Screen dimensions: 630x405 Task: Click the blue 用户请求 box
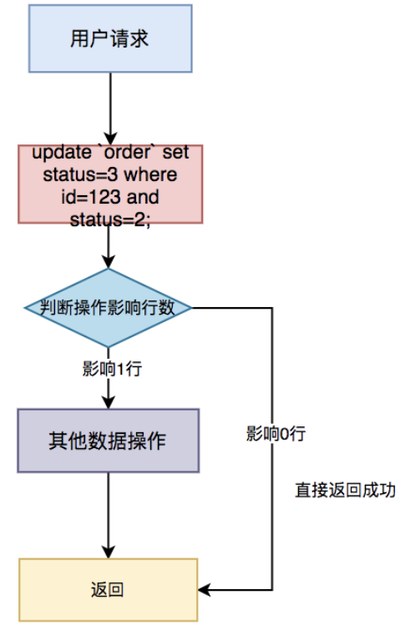point(109,39)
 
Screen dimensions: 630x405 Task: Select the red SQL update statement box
point(109,184)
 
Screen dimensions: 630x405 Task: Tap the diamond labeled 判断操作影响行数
point(109,307)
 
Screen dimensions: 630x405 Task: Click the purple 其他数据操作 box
point(109,441)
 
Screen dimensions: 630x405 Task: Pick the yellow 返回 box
point(109,590)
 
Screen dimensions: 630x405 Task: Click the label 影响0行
point(276,433)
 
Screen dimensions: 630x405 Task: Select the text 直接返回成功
point(345,490)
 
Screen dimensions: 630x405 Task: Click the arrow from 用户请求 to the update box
point(109,108)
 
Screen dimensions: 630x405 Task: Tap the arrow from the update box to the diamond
point(109,246)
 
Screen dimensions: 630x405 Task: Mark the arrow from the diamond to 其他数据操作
point(109,388)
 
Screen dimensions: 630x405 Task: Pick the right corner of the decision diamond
point(193,307)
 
